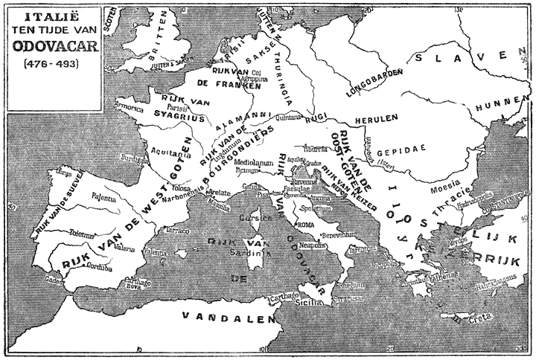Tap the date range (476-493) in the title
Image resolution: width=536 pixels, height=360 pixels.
tap(49, 63)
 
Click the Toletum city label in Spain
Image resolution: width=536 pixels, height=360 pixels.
tap(80, 232)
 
